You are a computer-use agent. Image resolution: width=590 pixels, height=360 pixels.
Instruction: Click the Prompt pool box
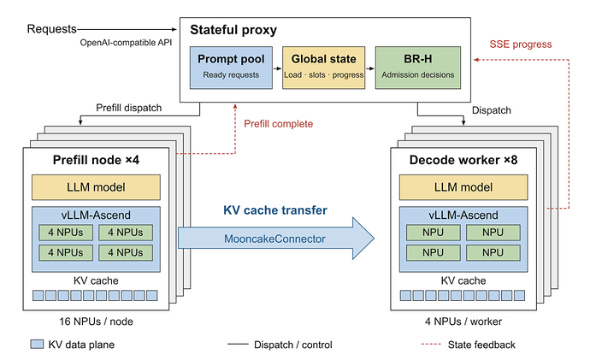231,68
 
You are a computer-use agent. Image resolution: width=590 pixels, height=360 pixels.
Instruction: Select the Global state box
323,68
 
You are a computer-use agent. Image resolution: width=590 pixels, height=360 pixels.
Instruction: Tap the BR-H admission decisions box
417,68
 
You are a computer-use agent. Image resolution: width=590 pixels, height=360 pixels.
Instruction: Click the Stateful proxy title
233,30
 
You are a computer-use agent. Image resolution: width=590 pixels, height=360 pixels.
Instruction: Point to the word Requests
52,29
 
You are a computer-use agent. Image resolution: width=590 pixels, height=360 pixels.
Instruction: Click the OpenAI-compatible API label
126,43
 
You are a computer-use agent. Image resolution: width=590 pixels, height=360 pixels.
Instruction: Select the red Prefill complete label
279,124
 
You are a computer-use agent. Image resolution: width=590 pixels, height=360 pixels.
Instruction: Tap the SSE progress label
521,44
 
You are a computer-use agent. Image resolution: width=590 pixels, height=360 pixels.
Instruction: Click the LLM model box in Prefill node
96,187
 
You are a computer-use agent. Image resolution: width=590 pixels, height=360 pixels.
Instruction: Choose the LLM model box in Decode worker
463,187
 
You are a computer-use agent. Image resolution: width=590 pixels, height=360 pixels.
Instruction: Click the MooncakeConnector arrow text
274,239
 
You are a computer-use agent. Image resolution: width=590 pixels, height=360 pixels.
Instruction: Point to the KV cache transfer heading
275,210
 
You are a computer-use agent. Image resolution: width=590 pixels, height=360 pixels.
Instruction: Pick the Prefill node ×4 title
96,160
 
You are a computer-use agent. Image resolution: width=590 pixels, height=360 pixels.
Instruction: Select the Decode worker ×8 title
463,160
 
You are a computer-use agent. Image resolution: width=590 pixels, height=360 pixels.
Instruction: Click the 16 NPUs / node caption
96,322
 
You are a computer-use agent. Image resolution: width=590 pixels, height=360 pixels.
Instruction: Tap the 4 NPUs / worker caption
463,322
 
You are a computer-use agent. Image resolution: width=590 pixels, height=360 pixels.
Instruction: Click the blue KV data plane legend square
37,344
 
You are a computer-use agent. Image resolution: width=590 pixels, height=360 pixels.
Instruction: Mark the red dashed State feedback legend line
431,345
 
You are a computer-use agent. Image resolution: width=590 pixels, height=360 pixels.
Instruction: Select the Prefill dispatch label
128,108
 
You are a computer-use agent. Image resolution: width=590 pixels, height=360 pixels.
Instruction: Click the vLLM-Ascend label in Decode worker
463,215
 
